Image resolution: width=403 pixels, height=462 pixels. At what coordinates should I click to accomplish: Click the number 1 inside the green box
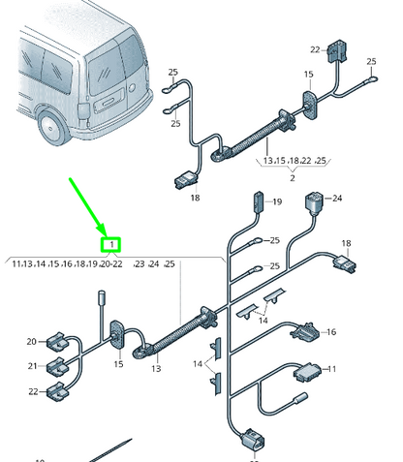click(113, 244)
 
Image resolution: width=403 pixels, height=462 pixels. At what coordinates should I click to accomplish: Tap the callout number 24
click(337, 200)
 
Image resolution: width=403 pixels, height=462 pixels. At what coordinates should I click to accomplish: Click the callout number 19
click(275, 201)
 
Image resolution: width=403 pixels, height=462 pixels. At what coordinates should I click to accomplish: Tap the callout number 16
click(330, 332)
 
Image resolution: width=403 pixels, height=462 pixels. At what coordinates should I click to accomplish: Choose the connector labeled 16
click(303, 330)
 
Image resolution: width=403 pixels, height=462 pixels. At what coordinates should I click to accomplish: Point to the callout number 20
click(31, 341)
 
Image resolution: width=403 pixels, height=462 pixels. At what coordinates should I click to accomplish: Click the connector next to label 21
click(56, 366)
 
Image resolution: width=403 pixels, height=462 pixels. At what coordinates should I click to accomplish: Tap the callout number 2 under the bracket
click(292, 178)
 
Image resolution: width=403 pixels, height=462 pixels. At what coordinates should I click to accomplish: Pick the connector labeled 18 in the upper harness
click(184, 179)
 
